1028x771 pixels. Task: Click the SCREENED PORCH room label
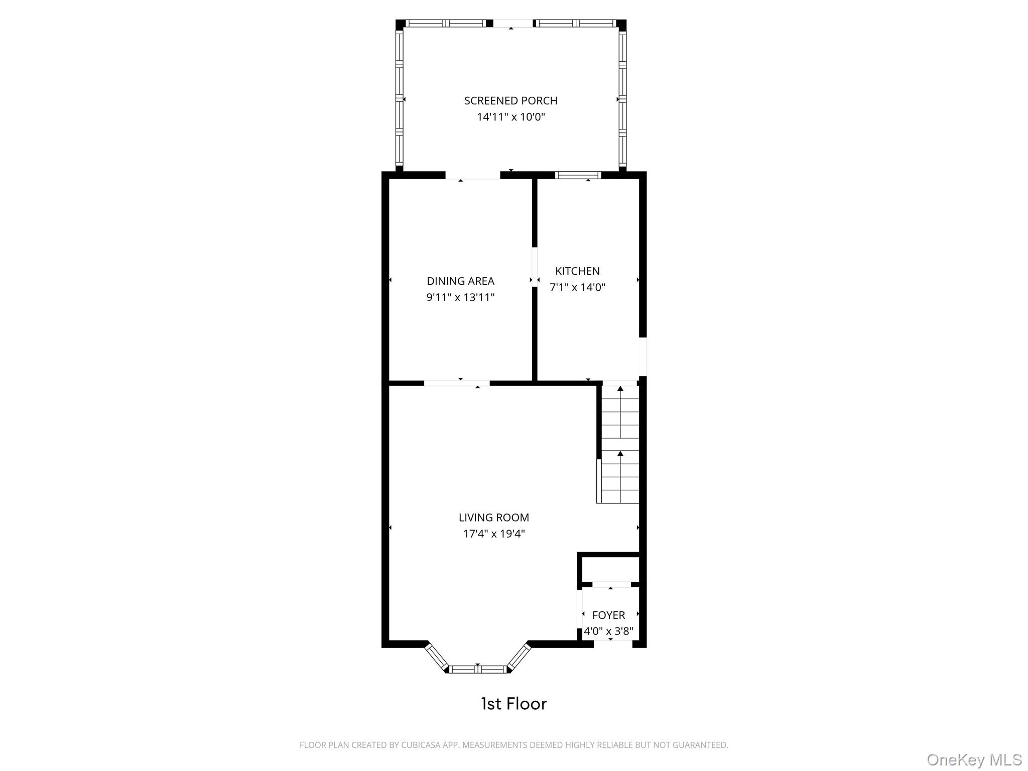[510, 101]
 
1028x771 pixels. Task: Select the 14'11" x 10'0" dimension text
[510, 117]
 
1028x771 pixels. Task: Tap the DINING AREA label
[460, 281]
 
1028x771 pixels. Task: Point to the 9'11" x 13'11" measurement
[460, 298]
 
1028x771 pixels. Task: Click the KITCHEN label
[577, 271]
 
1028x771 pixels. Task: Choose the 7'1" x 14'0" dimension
[577, 288]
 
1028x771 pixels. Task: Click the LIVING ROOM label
[493, 518]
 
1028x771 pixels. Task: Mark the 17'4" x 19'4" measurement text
[493, 534]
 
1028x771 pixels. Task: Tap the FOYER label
[608, 615]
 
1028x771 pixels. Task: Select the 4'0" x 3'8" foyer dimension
[608, 631]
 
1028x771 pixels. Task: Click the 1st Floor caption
[513, 704]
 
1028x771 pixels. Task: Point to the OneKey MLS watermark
[974, 759]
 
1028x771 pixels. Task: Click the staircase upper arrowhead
[620, 389]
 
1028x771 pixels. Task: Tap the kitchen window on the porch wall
[578, 175]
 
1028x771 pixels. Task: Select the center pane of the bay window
[478, 669]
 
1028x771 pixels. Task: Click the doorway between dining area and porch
[472, 176]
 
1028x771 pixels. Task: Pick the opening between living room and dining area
[457, 383]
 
